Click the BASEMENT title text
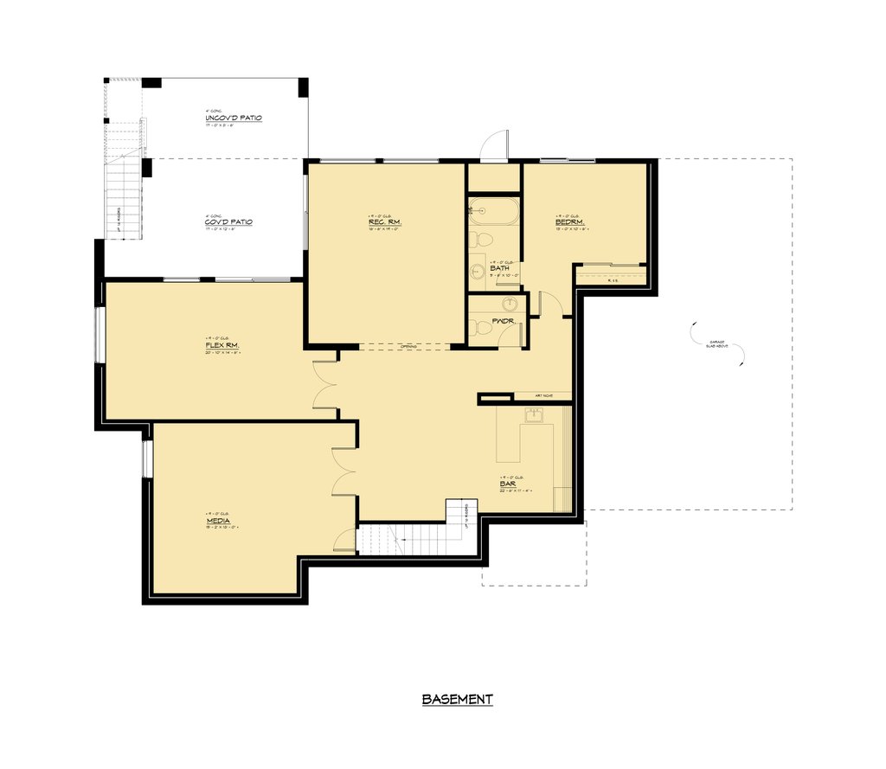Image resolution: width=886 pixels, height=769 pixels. (x=457, y=699)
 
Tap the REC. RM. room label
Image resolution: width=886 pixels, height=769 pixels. (x=384, y=222)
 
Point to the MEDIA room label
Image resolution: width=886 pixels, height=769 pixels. (x=218, y=522)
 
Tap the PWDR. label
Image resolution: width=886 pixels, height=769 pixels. (x=504, y=321)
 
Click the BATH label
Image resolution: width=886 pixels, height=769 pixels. (x=499, y=268)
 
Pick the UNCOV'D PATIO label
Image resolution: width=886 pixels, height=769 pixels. (x=233, y=118)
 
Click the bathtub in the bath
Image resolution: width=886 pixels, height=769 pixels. (x=493, y=210)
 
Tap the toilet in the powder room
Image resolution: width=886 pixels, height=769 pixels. (x=478, y=327)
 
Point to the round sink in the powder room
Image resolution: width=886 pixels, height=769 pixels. (x=510, y=304)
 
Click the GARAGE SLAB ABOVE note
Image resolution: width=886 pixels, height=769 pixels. (x=719, y=344)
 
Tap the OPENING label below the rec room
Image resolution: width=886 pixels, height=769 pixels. (x=409, y=347)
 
